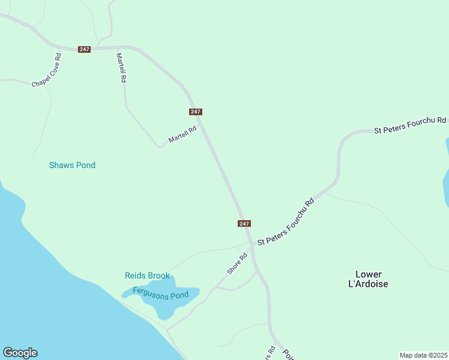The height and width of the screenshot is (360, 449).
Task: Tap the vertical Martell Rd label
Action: coord(121,68)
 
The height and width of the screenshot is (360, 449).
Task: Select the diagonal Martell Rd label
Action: coord(182,134)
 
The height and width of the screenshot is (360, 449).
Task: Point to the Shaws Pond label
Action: coord(72,165)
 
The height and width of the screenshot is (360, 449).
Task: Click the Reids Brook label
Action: coord(147,275)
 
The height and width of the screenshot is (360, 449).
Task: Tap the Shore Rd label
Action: coord(237,264)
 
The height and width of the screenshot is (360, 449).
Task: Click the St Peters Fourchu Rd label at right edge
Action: coord(411,125)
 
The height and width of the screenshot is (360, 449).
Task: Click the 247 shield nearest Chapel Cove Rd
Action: coord(84,49)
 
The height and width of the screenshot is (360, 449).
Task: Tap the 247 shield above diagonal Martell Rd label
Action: coord(196,112)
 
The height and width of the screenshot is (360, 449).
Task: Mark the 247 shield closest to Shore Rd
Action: coord(244,223)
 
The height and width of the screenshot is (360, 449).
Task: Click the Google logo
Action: coord(20,353)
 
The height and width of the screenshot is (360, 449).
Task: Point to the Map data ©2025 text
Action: coord(423,355)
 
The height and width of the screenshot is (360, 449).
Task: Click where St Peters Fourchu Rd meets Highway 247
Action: coord(251,242)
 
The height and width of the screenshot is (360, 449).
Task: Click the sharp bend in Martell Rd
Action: coord(160,146)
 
